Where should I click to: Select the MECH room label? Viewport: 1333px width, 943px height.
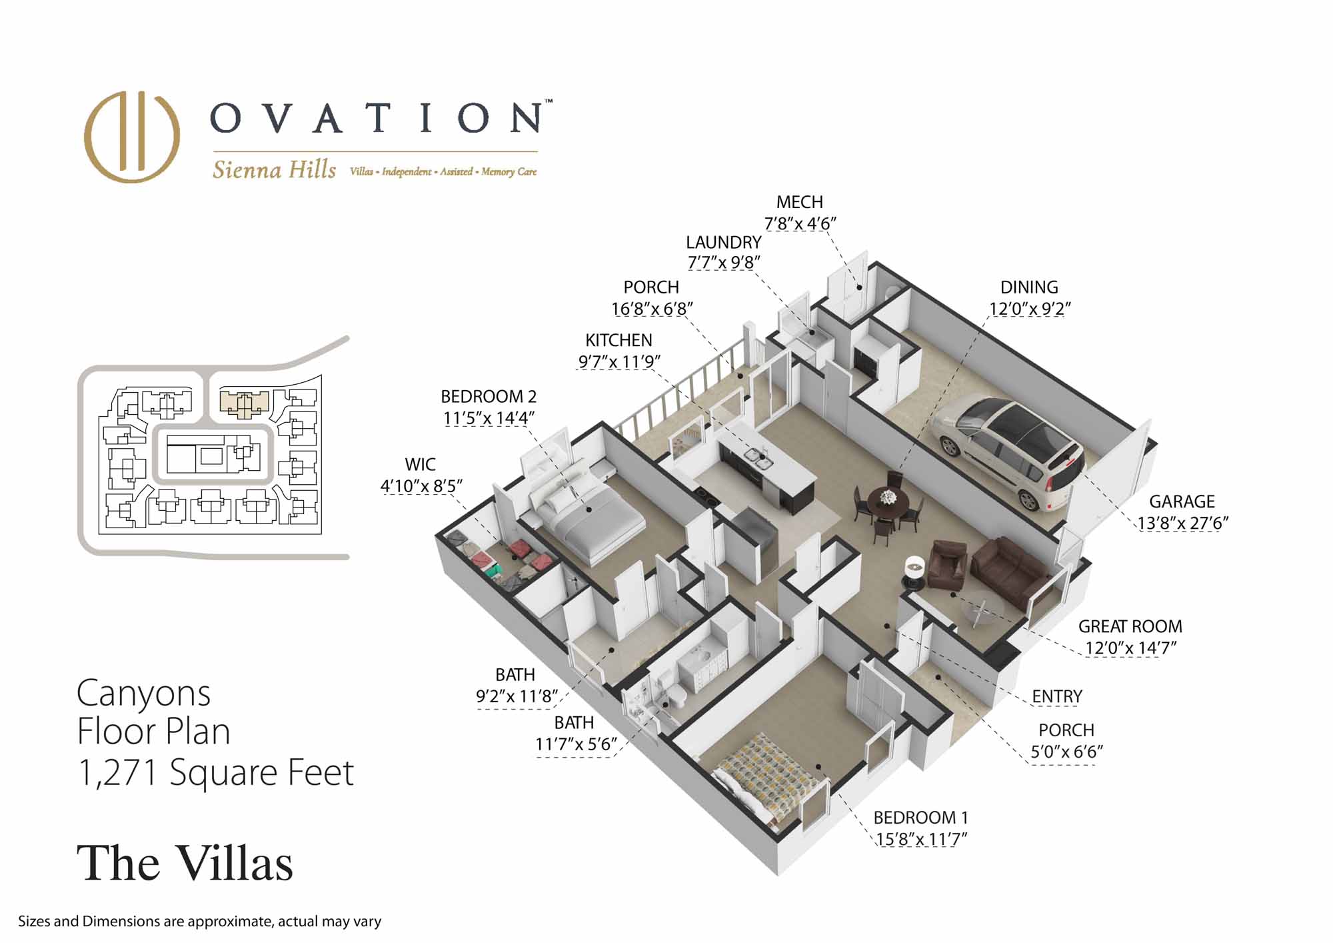799,201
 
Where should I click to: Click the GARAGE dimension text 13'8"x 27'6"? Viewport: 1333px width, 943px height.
1182,524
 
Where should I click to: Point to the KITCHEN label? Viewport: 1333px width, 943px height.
619,340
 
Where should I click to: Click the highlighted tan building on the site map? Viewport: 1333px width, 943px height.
245,403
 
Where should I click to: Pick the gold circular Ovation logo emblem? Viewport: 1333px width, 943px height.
132,136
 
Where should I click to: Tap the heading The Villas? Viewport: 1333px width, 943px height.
185,863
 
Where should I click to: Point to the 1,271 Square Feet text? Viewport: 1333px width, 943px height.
215,772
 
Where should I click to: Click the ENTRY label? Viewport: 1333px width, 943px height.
1057,696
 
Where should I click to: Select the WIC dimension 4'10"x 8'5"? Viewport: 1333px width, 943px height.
421,486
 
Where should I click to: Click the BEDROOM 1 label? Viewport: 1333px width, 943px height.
920,817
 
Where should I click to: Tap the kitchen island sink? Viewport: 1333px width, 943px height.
759,457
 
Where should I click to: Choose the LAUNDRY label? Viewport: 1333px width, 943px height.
723,242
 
